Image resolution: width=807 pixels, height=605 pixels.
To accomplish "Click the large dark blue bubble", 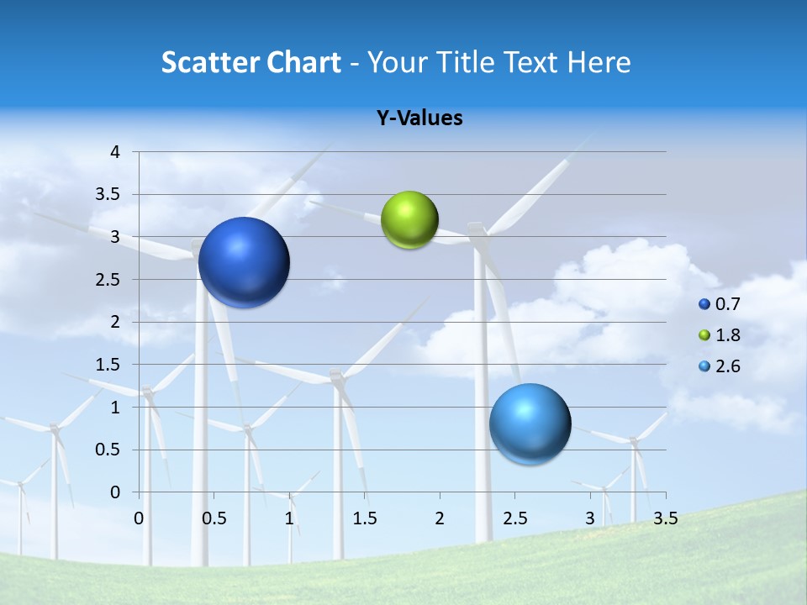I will coord(244,262).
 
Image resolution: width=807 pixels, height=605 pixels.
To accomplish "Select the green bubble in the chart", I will coord(409,220).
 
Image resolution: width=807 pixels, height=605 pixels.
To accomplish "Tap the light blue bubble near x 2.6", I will coord(530,423).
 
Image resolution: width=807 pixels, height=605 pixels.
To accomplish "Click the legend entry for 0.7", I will coord(726,304).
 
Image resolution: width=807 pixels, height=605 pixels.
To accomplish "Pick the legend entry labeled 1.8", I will coord(726,335).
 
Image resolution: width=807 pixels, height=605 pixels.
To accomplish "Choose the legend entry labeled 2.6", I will coord(726,366).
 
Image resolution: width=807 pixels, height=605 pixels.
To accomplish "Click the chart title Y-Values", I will coord(419,118).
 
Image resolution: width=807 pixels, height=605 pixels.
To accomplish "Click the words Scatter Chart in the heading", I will coord(251,62).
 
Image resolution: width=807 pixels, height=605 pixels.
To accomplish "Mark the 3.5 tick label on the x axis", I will coord(665,518).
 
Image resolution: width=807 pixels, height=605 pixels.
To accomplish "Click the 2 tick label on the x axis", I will coord(440,518).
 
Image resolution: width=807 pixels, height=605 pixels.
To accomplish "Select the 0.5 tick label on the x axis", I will coord(214,518).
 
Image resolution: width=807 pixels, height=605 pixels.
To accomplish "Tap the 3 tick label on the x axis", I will coord(590,518).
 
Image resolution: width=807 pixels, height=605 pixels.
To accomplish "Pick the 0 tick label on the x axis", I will coord(140,518).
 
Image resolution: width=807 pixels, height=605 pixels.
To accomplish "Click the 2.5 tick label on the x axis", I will coord(514,518).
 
